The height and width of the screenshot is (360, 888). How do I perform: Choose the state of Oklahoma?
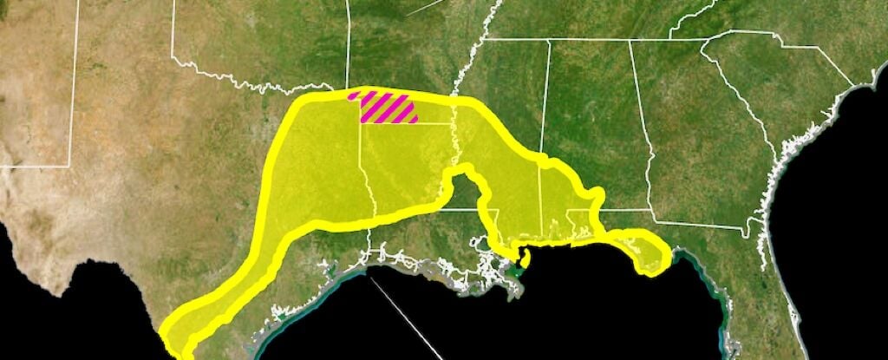[x=260, y=43]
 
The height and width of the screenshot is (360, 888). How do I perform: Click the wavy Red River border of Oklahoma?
[x=260, y=85]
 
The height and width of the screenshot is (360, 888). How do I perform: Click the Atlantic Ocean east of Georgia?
[x=832, y=173]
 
